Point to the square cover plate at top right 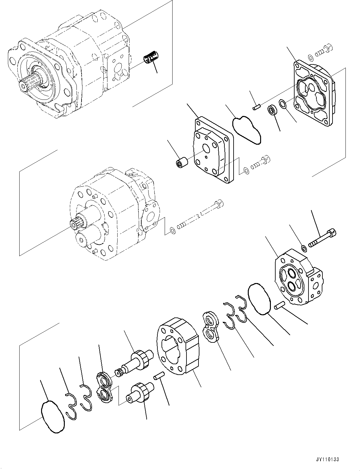[x=313, y=92]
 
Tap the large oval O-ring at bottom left [x=53, y=417]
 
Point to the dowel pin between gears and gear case [x=157, y=377]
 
